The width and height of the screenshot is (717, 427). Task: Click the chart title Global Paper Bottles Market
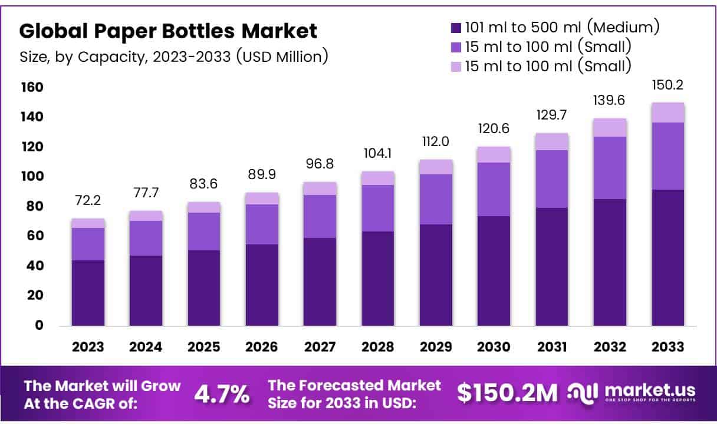169,31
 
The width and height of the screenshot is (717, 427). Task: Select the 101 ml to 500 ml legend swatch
456,27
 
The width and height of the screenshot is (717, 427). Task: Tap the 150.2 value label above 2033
667,86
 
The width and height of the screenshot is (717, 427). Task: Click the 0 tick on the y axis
39,325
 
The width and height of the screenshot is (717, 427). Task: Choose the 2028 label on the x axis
378,347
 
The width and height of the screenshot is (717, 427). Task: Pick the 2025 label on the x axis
203,347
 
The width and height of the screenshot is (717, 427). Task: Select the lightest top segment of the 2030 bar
494,154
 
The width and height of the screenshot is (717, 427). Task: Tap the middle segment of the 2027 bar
320,216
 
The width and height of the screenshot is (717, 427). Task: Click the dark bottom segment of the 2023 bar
88,293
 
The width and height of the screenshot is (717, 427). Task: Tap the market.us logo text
649,390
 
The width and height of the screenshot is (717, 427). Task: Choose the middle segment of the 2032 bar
610,168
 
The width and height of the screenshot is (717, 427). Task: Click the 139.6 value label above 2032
610,101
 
